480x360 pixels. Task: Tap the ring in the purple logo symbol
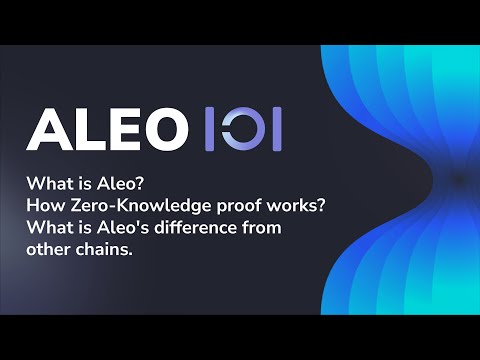pos(242,128)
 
